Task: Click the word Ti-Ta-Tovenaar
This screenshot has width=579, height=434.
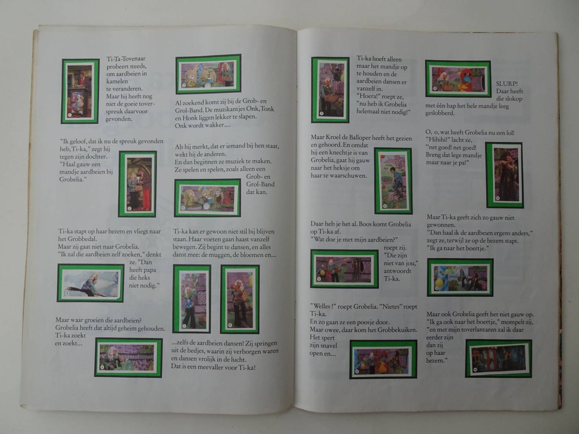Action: click(126, 59)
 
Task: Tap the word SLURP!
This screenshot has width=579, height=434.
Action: click(507, 83)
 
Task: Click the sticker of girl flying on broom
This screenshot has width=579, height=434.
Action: click(90, 283)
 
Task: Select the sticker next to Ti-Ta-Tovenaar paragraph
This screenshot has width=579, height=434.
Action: click(80, 92)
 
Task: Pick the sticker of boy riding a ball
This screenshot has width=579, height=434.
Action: click(393, 181)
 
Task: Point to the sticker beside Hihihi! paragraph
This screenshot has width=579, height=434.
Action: click(504, 175)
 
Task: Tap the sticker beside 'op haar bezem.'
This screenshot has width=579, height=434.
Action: click(499, 358)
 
